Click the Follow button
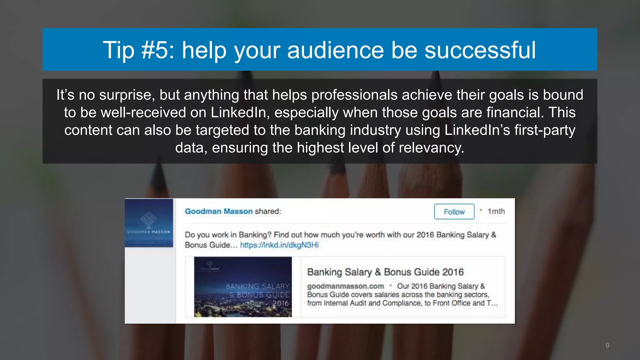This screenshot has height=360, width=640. pyautogui.click(x=454, y=212)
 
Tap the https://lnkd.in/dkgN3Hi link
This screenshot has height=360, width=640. pyautogui.click(x=279, y=245)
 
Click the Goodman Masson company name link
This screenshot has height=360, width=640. pyautogui.click(x=219, y=212)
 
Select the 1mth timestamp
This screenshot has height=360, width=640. pyautogui.click(x=496, y=212)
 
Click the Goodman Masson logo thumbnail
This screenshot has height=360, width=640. pyautogui.click(x=149, y=223)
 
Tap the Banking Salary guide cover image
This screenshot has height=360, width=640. pyautogui.click(x=243, y=287)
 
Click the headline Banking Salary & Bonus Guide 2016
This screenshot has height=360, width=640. pyautogui.click(x=385, y=272)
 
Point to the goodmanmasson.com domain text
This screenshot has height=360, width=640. pyautogui.click(x=345, y=286)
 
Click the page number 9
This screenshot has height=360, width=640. pyautogui.click(x=607, y=345)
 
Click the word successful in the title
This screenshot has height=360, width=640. pyautogui.click(x=480, y=50)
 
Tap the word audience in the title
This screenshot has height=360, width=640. pyautogui.click(x=335, y=50)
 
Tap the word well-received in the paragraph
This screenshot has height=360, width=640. pyautogui.click(x=143, y=112)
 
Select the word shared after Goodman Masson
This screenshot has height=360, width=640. pyautogui.click(x=268, y=212)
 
